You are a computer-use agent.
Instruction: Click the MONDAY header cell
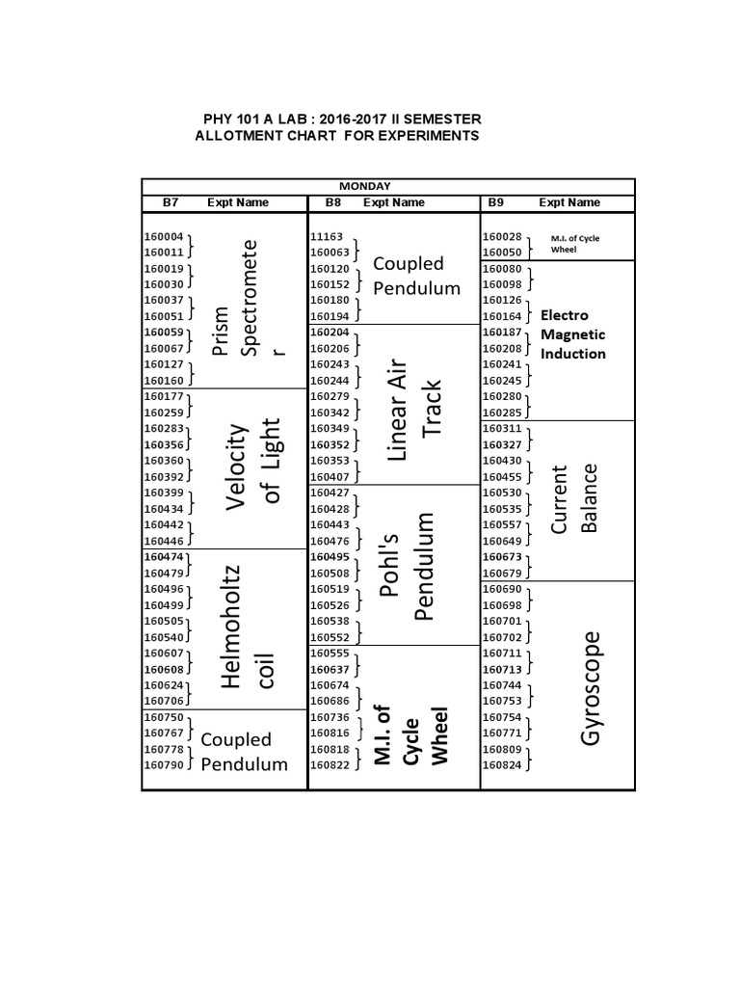pyautogui.click(x=363, y=186)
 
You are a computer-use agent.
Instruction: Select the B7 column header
pyautogui.click(x=171, y=202)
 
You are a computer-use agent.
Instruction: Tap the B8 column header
pyautogui.click(x=334, y=202)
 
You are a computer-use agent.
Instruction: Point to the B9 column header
pyautogui.click(x=495, y=202)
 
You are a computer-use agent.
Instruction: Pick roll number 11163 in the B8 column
pyautogui.click(x=326, y=237)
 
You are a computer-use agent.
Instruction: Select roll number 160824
pyautogui.click(x=501, y=765)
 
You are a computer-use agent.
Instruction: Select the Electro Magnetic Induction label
pyautogui.click(x=573, y=334)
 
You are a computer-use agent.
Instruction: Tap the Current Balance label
pyautogui.click(x=574, y=498)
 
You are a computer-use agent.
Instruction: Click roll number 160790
pyautogui.click(x=163, y=764)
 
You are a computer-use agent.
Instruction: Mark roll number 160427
pyautogui.click(x=330, y=493)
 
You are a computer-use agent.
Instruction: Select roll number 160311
pyautogui.click(x=501, y=428)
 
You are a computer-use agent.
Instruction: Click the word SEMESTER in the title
pyautogui.click(x=442, y=119)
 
